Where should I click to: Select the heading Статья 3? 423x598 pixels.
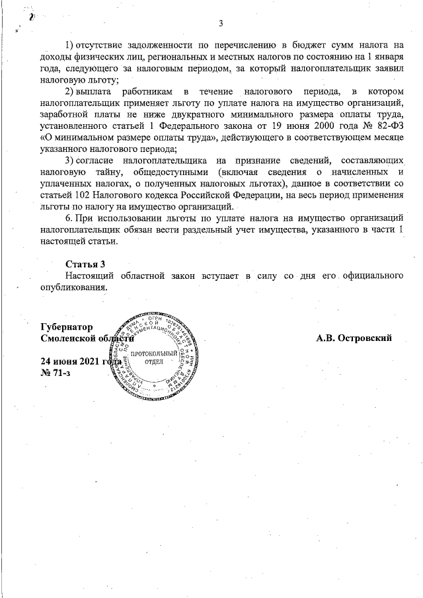click(85, 264)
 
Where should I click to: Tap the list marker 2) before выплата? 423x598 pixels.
click(69, 91)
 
